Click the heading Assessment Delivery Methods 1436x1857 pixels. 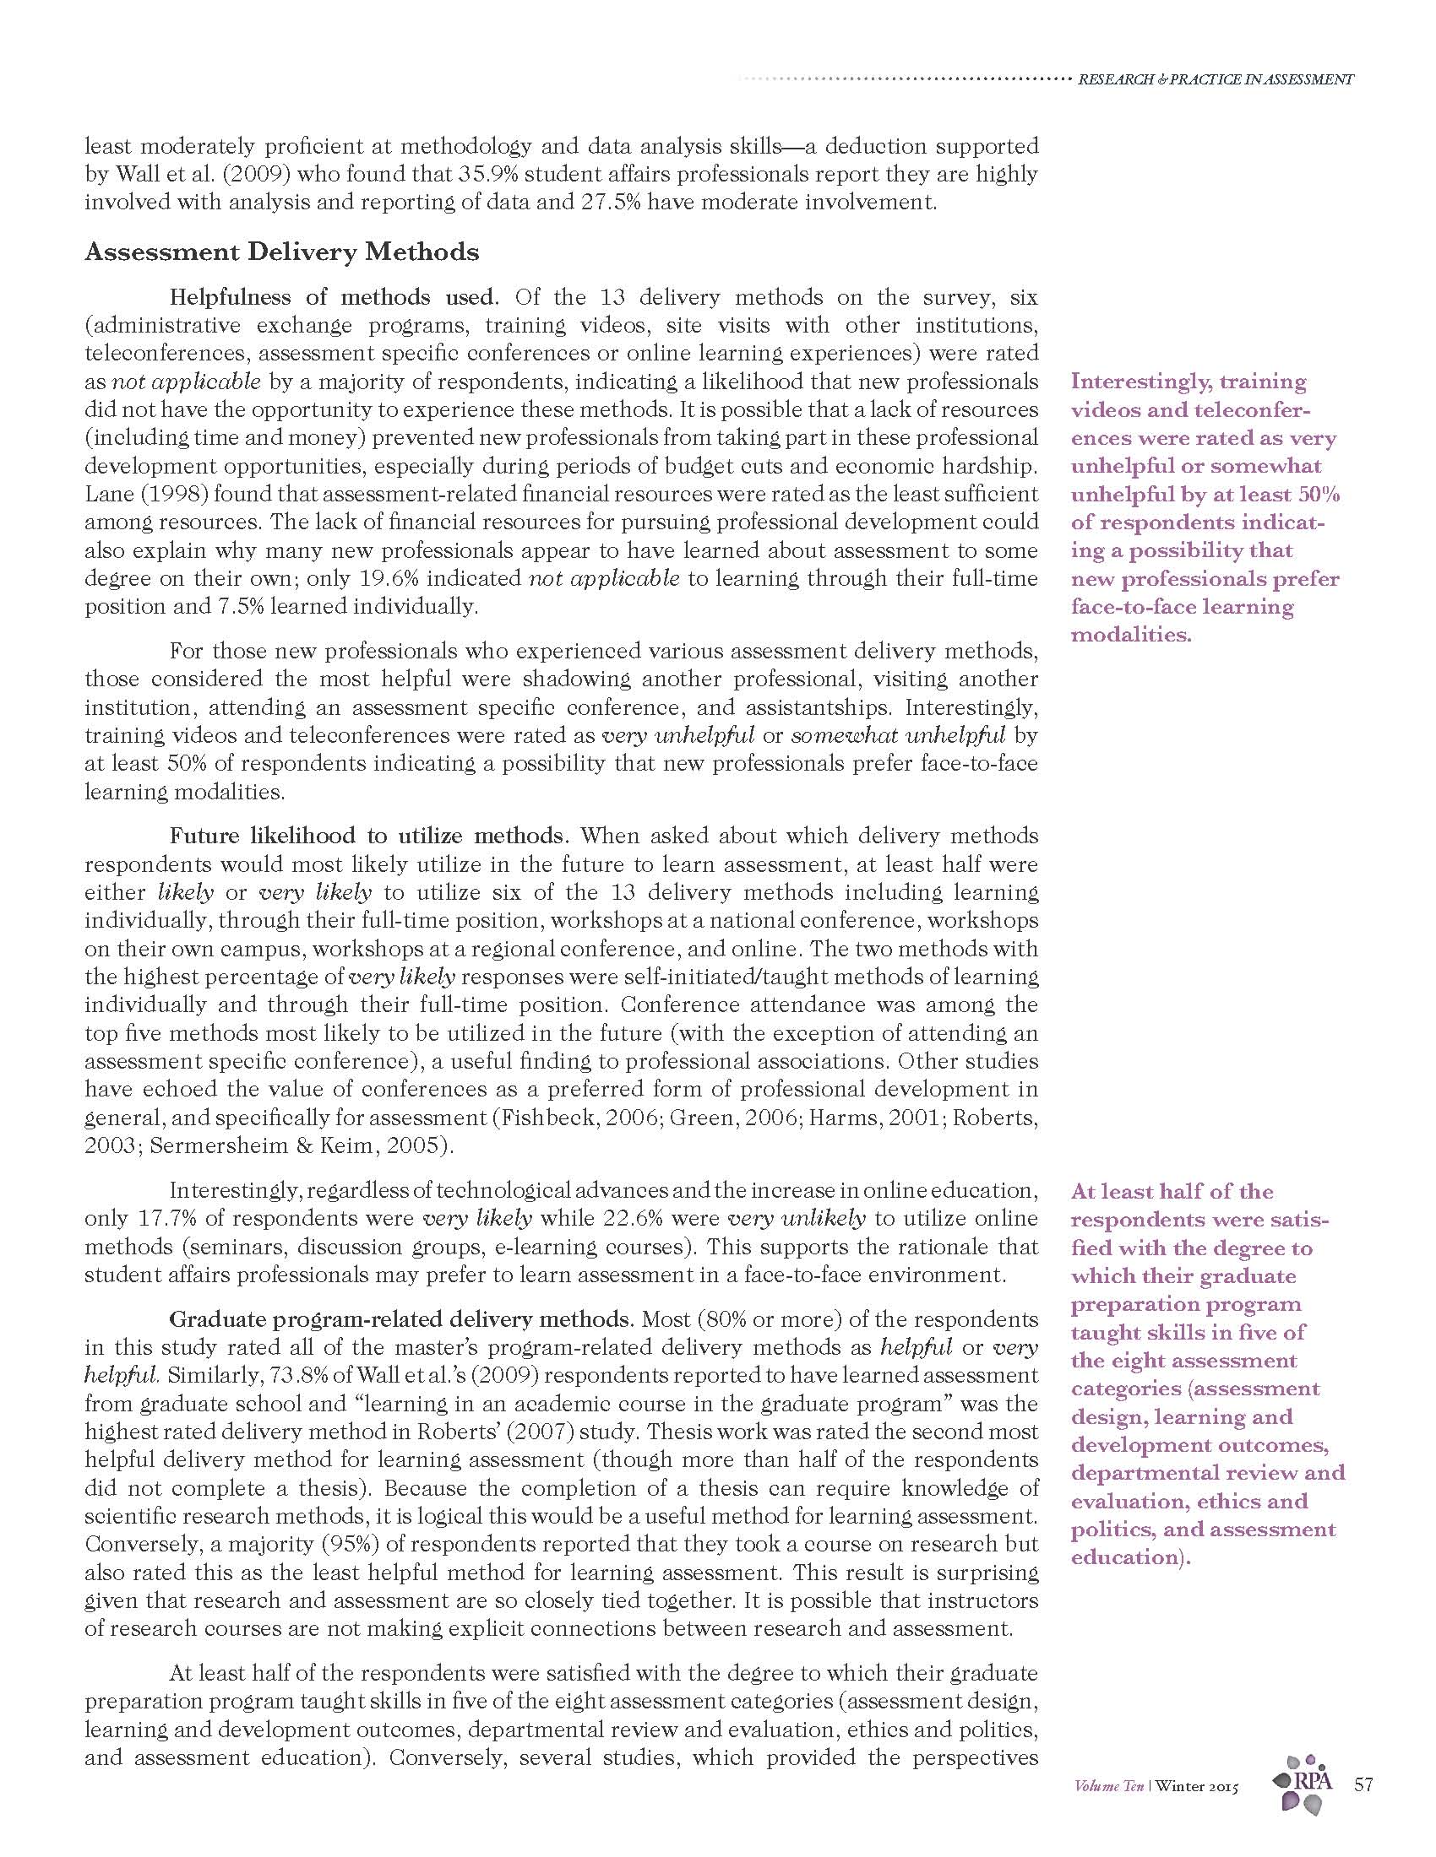point(281,252)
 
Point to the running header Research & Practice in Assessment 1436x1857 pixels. point(1216,80)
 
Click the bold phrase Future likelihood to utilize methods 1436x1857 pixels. point(367,835)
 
